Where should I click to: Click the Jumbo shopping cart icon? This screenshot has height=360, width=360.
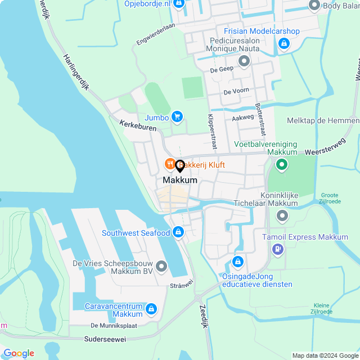[177, 117]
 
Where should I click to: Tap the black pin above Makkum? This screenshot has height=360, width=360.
[180, 166]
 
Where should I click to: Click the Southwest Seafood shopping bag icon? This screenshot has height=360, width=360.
[178, 232]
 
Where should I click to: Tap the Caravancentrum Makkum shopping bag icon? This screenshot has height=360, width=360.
[151, 308]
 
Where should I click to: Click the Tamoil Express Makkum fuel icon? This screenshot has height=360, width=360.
[277, 249]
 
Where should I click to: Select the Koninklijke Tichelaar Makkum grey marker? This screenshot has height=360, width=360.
[282, 215]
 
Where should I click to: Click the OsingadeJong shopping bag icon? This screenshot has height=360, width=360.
[238, 262]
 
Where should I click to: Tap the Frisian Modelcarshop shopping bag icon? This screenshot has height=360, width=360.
[283, 43]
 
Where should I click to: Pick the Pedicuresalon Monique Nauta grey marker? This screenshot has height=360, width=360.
[244, 61]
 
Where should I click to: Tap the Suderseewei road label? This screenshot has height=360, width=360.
[106, 339]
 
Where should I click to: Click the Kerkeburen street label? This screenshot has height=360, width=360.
[138, 125]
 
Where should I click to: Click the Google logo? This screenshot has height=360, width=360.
[19, 353]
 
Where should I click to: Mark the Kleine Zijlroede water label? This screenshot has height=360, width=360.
[321, 308]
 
